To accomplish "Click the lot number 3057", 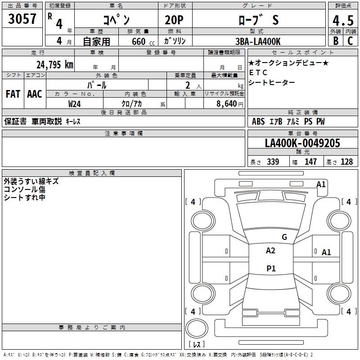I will pyautogui.click(x=22, y=19).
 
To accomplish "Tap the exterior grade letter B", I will pyautogui.click(x=335, y=41).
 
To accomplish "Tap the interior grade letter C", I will pyautogui.click(x=350, y=41).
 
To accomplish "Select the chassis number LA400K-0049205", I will pyautogui.click(x=302, y=143).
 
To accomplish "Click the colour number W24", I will pyautogui.click(x=74, y=103).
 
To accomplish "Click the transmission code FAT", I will pyautogui.click(x=13, y=94).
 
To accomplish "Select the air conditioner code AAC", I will pyautogui.click(x=35, y=94).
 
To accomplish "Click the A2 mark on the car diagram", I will pyautogui.click(x=270, y=251).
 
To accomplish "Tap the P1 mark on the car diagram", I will pyautogui.click(x=271, y=269).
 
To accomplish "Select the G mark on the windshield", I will pyautogui.click(x=284, y=237).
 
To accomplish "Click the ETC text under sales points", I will pyautogui.click(x=258, y=72).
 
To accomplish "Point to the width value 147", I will pyautogui.click(x=310, y=162).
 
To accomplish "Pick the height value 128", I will pyautogui.click(x=346, y=162).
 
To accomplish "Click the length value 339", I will pyautogui.click(x=273, y=162).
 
